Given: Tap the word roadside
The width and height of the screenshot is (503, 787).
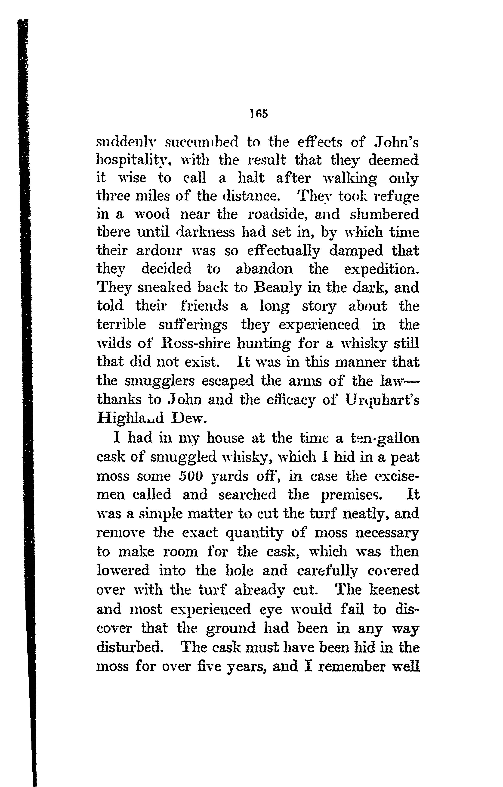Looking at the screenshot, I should (278, 214).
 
